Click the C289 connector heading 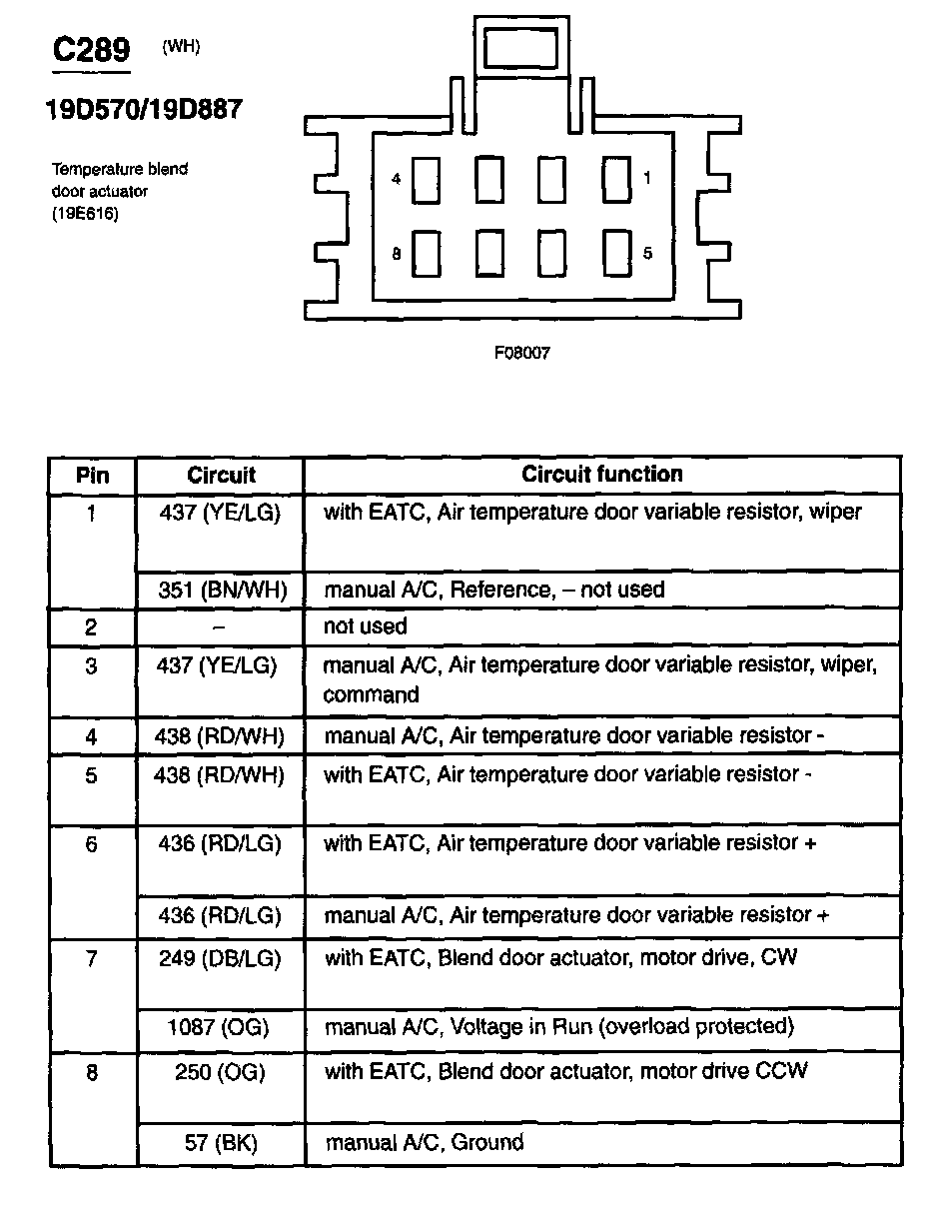coord(91,49)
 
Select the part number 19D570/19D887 coord(143,110)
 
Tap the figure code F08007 coord(521,353)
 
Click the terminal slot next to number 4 coord(428,180)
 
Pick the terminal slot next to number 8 coord(428,254)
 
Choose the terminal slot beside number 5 coord(616,253)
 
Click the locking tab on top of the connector coord(522,47)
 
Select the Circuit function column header coord(602,474)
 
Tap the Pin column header coord(92,475)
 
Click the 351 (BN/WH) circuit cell coord(222,590)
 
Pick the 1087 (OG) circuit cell coord(220,1026)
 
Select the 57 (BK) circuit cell coord(220,1142)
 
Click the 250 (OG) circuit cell coord(220,1071)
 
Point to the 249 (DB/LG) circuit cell coord(220,957)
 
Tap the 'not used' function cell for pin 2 coord(365,626)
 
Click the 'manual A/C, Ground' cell coord(425,1142)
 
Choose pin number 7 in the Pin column coord(92,958)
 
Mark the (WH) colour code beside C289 coord(181,47)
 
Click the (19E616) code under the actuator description coord(85,212)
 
